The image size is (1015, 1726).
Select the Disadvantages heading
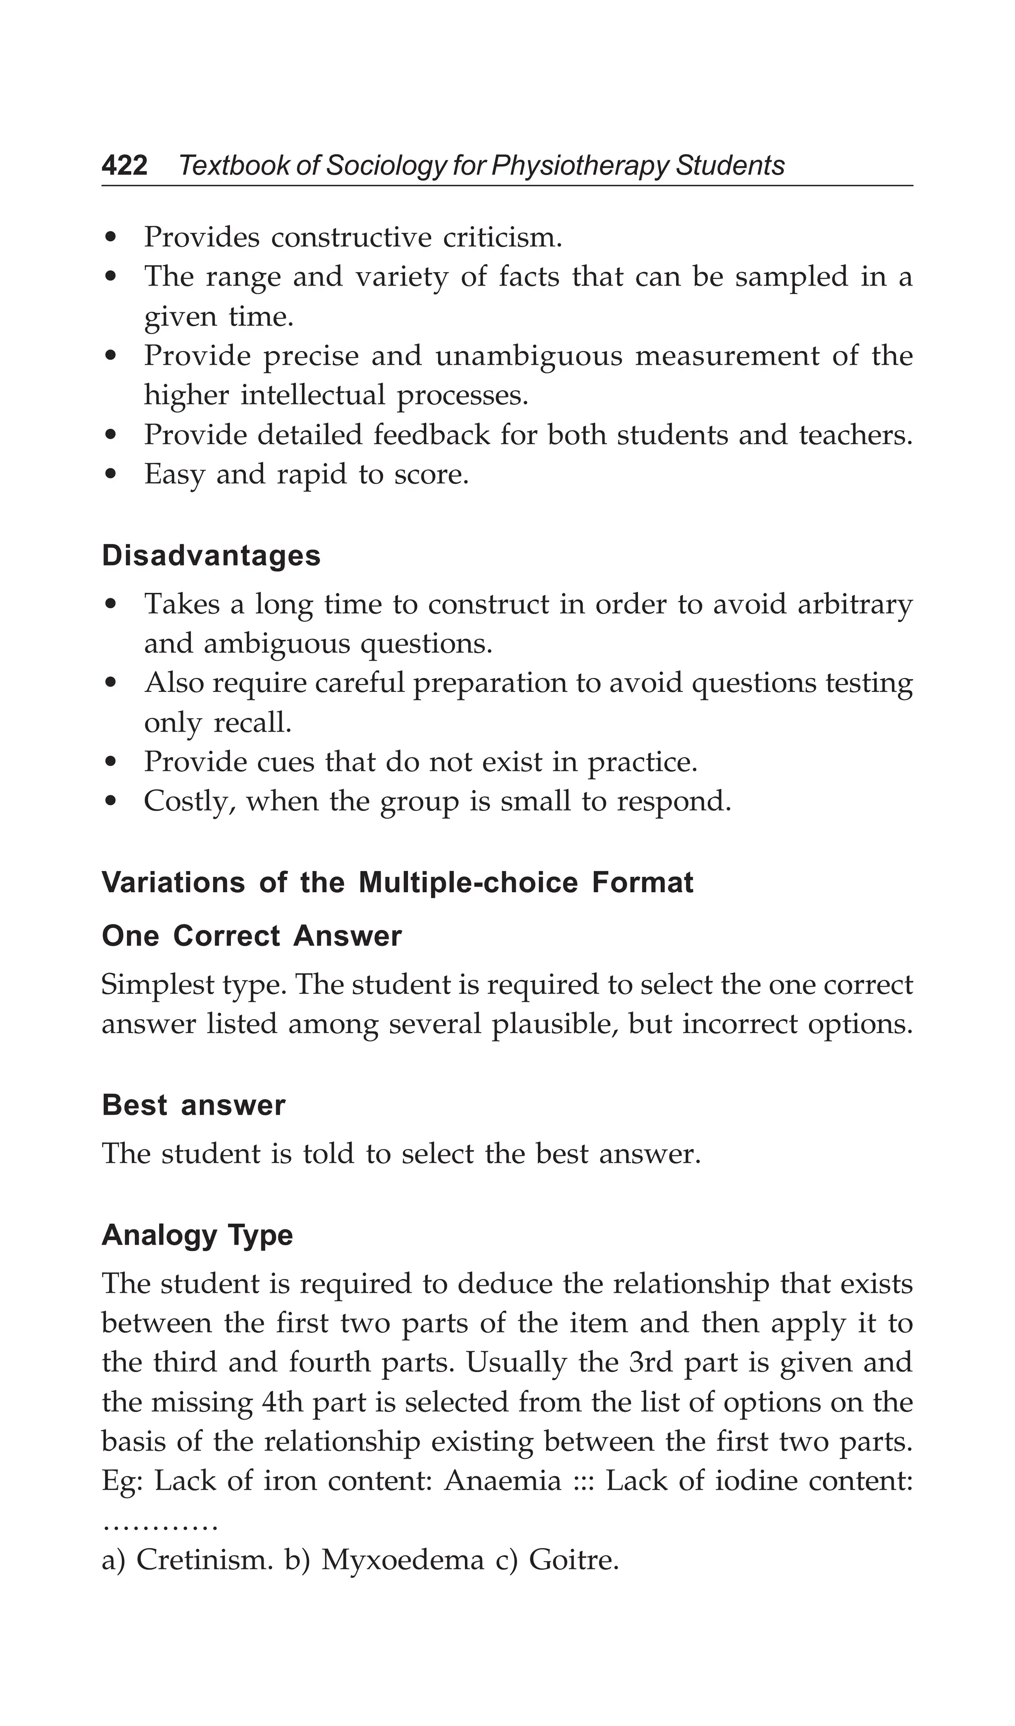coord(211,556)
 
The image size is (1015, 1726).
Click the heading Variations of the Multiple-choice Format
coord(397,882)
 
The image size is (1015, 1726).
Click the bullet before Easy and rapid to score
coord(112,475)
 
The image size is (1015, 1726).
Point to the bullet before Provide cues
coord(112,763)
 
